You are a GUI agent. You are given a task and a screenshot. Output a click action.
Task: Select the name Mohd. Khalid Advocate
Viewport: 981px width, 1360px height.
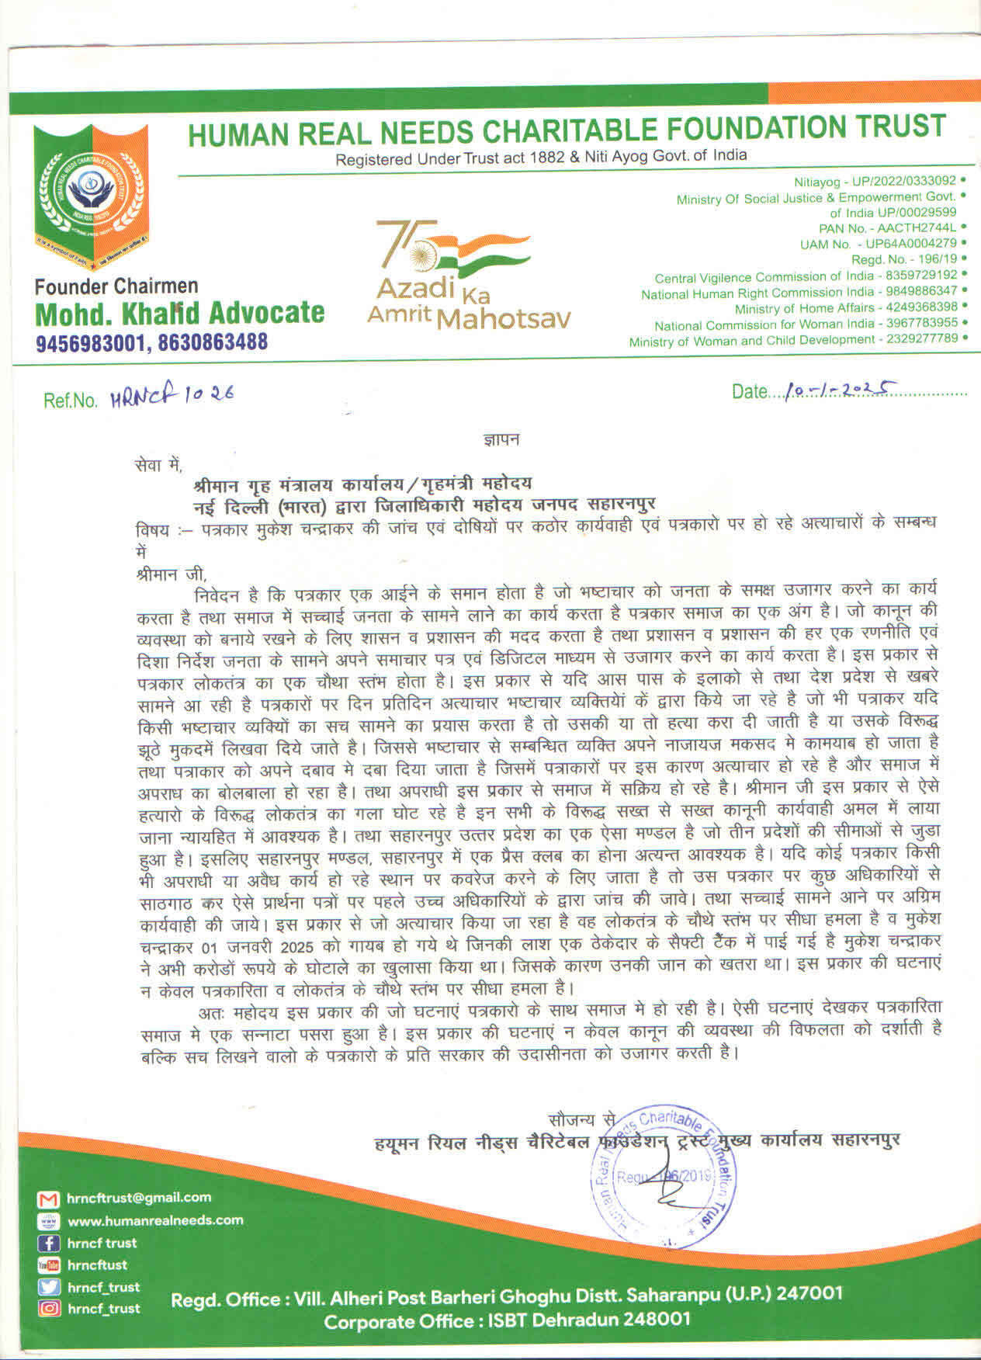(x=180, y=313)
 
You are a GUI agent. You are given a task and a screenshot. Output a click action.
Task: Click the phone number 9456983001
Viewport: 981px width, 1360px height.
(x=92, y=342)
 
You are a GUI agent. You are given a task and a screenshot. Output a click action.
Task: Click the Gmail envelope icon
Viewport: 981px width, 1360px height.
(x=48, y=1199)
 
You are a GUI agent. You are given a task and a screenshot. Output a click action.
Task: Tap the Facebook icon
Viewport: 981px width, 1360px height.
(x=48, y=1244)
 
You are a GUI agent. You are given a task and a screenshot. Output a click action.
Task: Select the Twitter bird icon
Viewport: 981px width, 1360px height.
(x=48, y=1287)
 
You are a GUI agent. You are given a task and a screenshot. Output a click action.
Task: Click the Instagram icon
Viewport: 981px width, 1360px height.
(x=48, y=1309)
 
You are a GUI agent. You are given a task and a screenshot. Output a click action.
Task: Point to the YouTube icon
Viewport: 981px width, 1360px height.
(x=48, y=1265)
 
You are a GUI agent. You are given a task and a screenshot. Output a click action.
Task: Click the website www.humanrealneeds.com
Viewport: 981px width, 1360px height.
(x=155, y=1220)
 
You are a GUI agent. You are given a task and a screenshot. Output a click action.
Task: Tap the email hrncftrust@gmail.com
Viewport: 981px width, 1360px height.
(x=139, y=1198)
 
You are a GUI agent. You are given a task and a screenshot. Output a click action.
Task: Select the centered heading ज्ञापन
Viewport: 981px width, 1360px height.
(x=501, y=439)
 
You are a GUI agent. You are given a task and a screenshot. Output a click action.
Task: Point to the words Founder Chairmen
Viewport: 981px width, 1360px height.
(x=116, y=286)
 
